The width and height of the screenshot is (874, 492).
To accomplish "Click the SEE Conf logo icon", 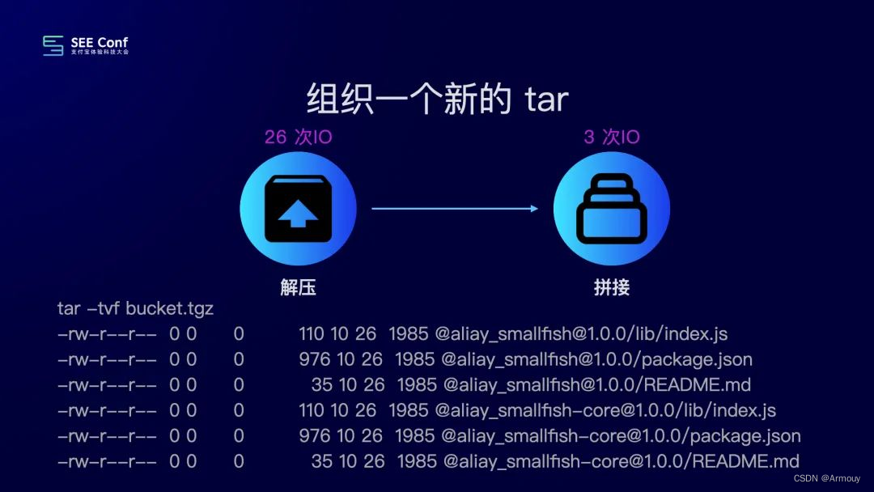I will (x=53, y=45).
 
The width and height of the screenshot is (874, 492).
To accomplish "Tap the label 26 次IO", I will (x=298, y=137).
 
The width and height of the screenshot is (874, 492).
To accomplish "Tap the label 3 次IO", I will (x=612, y=137).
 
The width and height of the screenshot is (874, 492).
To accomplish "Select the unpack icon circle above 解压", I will (x=298, y=208).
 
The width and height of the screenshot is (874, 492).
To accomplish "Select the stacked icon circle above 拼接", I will (x=612, y=208).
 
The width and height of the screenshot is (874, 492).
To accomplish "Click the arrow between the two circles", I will (x=455, y=209).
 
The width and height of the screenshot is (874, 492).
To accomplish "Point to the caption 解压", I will (x=298, y=287).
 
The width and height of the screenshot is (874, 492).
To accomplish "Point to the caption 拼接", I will (x=612, y=287).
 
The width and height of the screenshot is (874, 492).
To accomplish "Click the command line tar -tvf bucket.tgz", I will (x=135, y=308).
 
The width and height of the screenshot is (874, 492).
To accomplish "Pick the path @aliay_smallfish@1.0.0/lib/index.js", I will (x=581, y=333).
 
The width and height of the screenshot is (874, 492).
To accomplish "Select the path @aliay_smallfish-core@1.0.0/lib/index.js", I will (x=605, y=410).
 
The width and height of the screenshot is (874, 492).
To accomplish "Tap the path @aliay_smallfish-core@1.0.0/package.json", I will (x=621, y=436).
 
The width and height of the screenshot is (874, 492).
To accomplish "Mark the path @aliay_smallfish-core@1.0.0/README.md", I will (x=620, y=462).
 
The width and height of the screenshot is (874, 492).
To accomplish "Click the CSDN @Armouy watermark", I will (x=826, y=478).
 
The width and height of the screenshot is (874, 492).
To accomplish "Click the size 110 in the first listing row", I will (x=312, y=333).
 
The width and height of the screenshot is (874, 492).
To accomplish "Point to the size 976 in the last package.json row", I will (x=315, y=436).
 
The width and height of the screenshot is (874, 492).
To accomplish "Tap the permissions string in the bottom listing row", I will (x=107, y=462).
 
